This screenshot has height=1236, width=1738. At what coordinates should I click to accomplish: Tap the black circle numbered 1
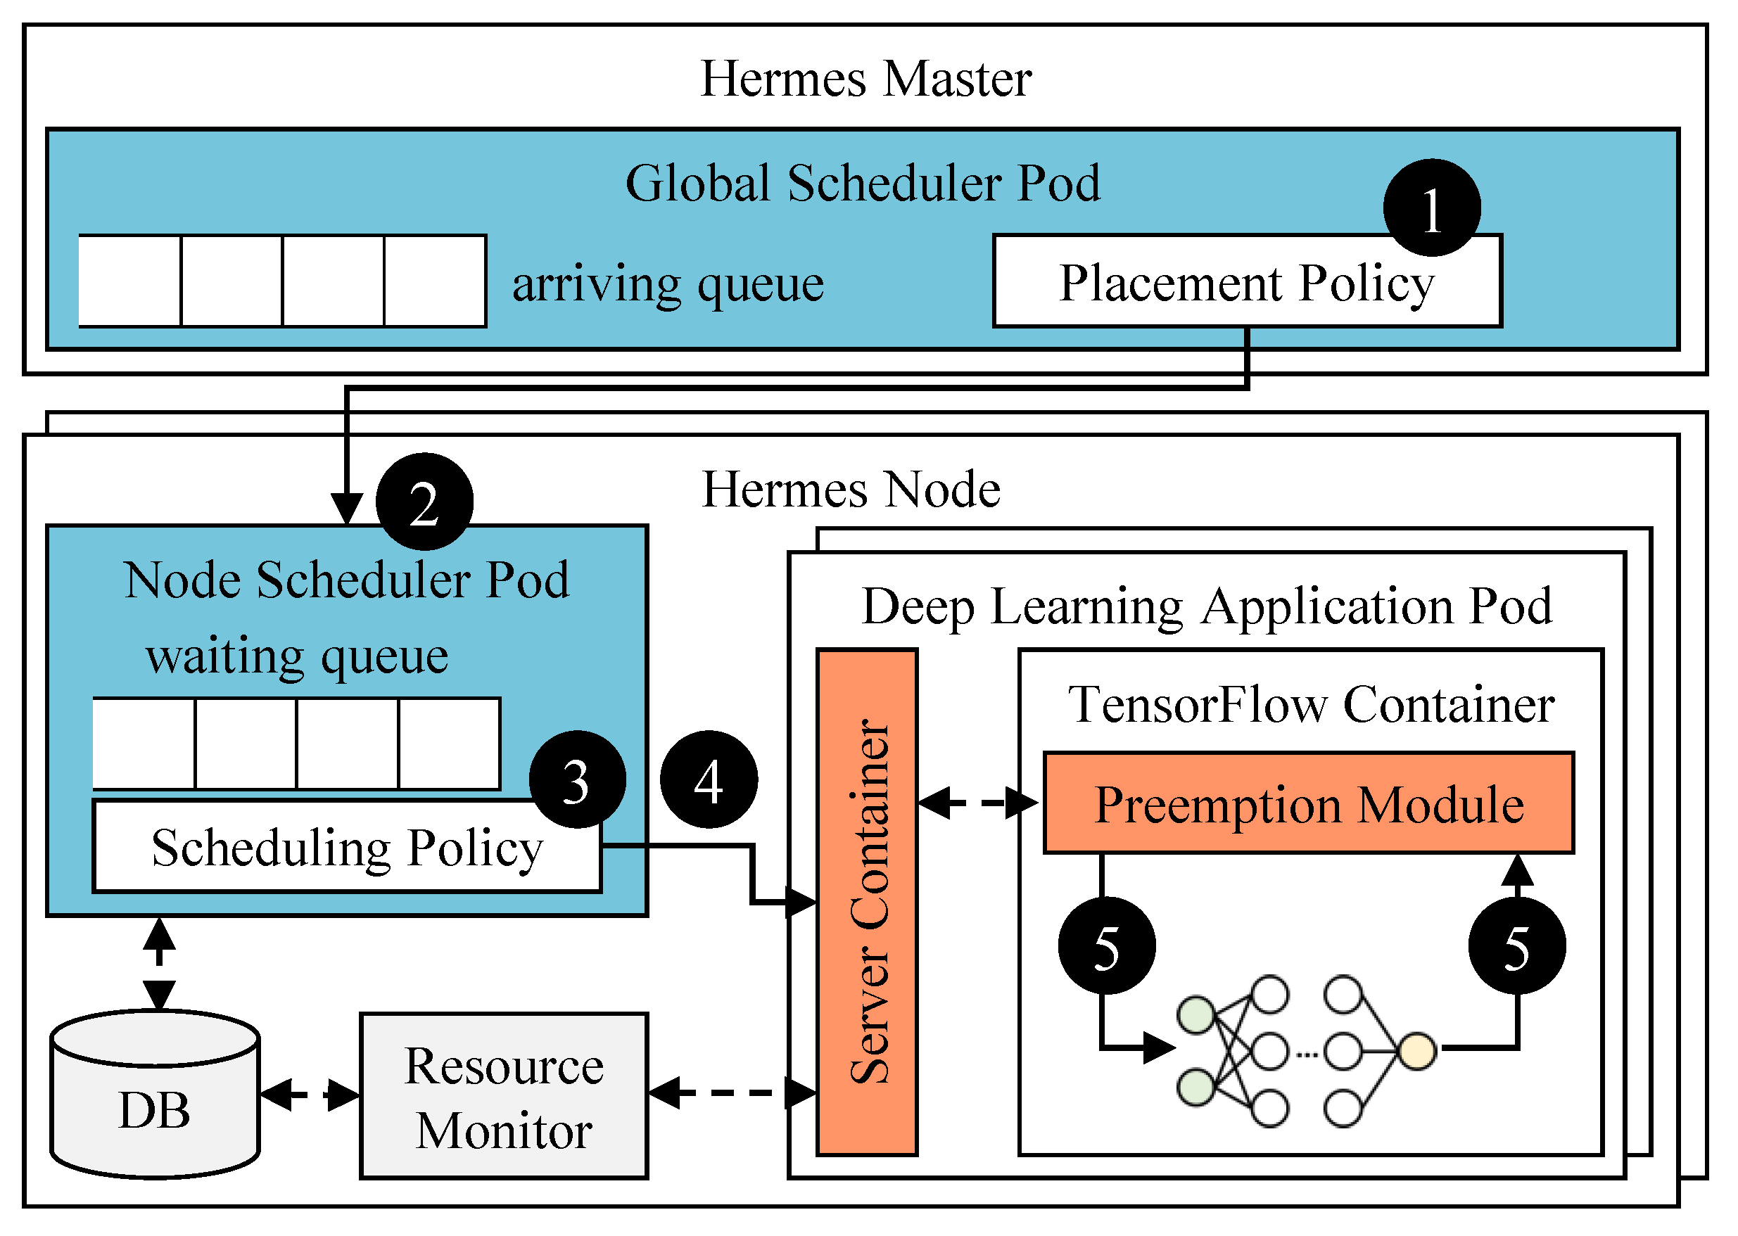1431,208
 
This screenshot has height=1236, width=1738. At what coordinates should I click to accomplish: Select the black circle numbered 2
424,502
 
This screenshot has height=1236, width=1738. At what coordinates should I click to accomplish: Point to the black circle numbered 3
577,780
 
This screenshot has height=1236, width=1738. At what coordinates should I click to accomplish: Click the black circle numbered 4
708,780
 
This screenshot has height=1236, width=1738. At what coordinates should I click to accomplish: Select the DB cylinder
156,1096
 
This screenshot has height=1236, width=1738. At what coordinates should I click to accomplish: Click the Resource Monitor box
503,1097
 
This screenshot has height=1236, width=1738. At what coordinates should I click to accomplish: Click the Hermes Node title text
850,489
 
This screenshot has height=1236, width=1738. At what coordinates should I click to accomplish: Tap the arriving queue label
668,284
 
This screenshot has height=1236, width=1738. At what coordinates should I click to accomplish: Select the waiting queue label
297,656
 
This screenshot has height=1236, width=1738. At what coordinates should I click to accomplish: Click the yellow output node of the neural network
1416,1052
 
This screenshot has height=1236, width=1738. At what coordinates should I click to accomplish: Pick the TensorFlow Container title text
1311,704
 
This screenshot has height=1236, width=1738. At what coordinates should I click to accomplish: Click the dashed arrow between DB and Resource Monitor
309,1095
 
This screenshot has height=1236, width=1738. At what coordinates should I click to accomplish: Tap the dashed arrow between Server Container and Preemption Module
978,802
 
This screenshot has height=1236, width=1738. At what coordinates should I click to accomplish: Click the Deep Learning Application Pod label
1207,606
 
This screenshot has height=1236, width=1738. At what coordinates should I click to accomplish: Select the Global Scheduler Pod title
863,184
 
